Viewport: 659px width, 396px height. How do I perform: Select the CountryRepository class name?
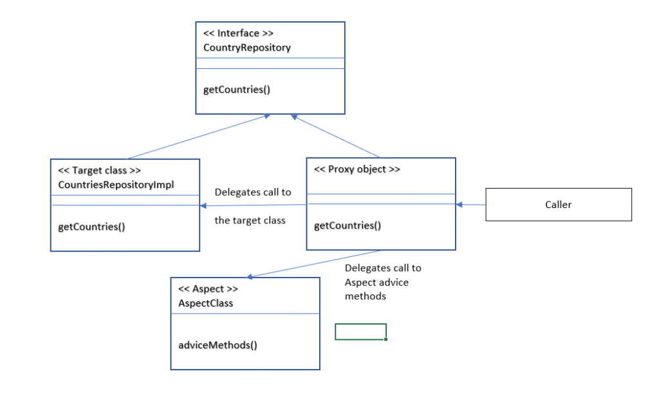(x=247, y=47)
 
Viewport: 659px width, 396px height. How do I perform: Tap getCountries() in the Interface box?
(x=237, y=90)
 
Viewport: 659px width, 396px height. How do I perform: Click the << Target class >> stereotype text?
(x=99, y=170)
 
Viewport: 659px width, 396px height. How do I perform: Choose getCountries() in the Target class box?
(x=91, y=227)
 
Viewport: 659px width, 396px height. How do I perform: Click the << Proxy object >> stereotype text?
(x=357, y=169)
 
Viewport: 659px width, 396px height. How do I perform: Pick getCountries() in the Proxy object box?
(x=348, y=225)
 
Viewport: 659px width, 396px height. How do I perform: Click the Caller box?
(x=558, y=205)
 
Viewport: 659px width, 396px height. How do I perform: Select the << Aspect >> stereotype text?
(x=208, y=289)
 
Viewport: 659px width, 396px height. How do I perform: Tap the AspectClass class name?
(x=205, y=303)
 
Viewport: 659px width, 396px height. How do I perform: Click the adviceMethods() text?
(x=218, y=345)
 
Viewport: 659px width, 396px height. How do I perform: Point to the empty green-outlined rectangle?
(x=360, y=332)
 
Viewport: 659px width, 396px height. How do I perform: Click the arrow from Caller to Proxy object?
(x=470, y=205)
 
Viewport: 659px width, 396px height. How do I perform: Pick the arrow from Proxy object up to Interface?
(x=335, y=137)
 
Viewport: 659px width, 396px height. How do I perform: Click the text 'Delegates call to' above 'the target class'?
(x=252, y=192)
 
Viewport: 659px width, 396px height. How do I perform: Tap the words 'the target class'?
(x=250, y=220)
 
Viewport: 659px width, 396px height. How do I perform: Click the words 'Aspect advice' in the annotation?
(x=376, y=282)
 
